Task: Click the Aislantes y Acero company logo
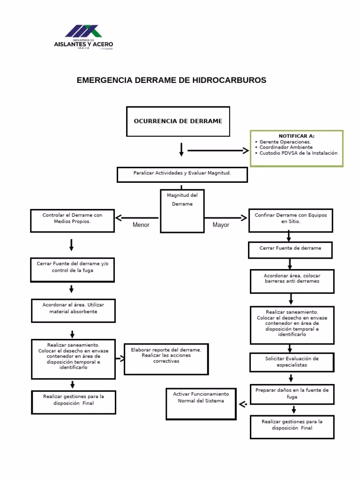[83, 37]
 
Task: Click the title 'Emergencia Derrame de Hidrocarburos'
[171, 80]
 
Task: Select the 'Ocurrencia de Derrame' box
[178, 121]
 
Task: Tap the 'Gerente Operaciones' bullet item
[285, 142]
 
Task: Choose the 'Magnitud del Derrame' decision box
[182, 211]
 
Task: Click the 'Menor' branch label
[141, 225]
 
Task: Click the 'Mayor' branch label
[221, 225]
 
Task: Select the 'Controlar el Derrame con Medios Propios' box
[72, 220]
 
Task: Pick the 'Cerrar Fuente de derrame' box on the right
[290, 249]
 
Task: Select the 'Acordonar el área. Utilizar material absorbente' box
[73, 310]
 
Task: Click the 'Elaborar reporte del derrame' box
[166, 358]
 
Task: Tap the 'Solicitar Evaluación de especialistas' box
[292, 362]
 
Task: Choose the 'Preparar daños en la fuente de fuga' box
[292, 394]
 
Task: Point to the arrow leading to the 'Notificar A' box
[218, 150]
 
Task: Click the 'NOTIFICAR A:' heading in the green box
[296, 136]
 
